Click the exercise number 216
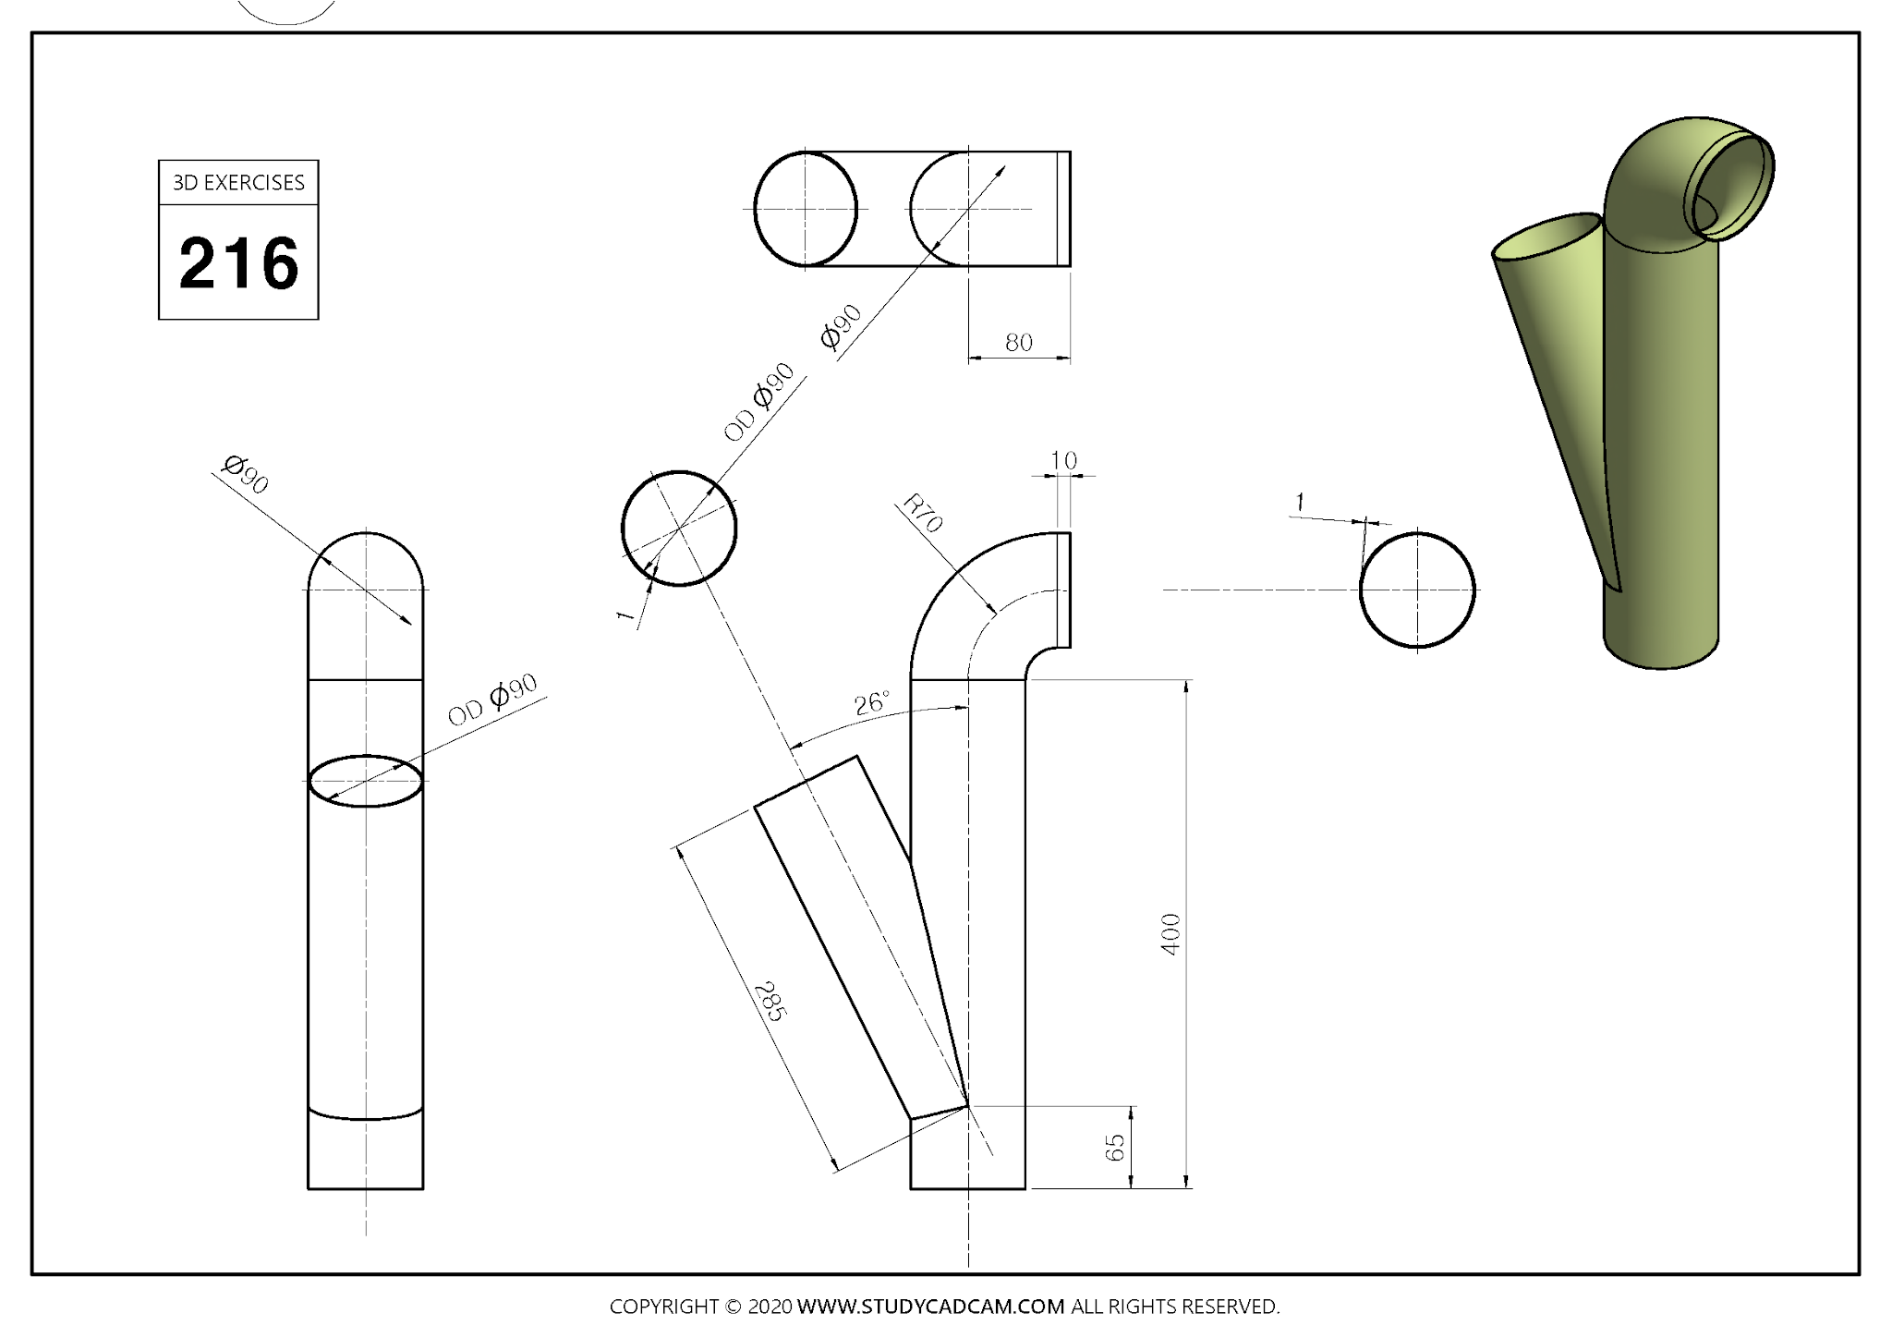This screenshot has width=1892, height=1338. click(x=238, y=263)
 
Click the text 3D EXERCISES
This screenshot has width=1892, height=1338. click(x=238, y=183)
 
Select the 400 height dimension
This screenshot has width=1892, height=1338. click(x=1170, y=933)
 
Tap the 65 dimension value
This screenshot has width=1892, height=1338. click(x=1115, y=1148)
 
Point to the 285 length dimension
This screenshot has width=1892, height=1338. click(x=769, y=1002)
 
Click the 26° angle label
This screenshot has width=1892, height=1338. click(x=871, y=703)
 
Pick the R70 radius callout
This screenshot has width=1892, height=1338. click(x=922, y=514)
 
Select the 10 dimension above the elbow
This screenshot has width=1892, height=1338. click(x=1063, y=460)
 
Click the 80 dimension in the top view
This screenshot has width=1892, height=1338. click(x=1018, y=343)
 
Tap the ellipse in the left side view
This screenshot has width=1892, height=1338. click(x=366, y=781)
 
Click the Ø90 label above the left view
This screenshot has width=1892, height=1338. click(x=246, y=474)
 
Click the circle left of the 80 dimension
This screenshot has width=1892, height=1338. click(x=806, y=209)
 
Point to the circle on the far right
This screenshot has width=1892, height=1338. click(x=1417, y=590)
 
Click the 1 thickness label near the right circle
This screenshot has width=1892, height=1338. click(x=1300, y=502)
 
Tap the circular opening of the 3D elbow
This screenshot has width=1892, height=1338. click(x=1732, y=188)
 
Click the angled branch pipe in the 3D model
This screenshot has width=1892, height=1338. click(x=1561, y=370)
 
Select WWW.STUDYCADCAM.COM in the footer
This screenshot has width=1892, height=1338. click(x=930, y=1307)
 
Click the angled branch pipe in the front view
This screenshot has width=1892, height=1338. click(x=855, y=933)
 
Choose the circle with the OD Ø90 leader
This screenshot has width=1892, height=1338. click(x=679, y=529)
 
